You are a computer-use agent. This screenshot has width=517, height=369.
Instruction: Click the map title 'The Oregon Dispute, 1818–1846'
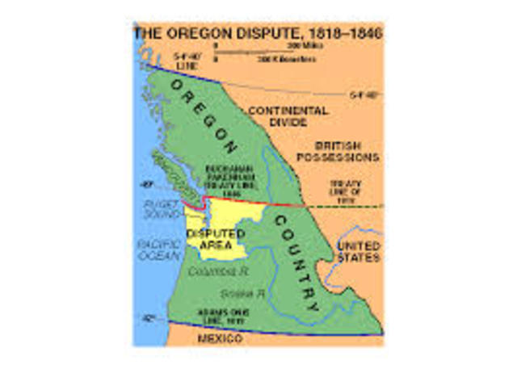click(x=258, y=33)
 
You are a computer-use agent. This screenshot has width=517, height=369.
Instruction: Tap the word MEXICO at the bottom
click(x=220, y=338)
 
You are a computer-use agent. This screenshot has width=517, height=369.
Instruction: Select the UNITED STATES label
click(x=358, y=251)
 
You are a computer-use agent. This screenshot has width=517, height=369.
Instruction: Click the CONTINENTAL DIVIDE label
click(x=288, y=116)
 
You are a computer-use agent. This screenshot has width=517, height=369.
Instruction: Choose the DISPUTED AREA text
click(x=216, y=238)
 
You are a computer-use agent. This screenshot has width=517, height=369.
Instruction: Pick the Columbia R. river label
click(x=211, y=271)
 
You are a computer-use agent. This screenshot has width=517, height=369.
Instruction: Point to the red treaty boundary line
click(x=242, y=199)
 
